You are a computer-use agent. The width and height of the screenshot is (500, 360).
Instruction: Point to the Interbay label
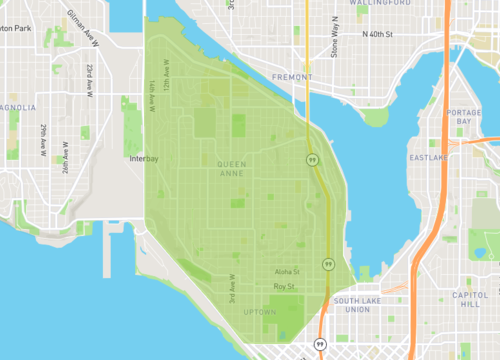(144, 159)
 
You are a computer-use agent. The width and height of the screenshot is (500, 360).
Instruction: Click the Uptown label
(259, 312)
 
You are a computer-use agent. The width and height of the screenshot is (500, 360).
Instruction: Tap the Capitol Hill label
(469, 301)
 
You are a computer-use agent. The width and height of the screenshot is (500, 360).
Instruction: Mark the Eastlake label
(428, 157)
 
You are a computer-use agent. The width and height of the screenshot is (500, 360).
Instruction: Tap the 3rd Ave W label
(232, 289)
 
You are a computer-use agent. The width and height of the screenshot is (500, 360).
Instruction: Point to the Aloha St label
(287, 272)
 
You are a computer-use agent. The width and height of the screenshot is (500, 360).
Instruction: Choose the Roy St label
(285, 287)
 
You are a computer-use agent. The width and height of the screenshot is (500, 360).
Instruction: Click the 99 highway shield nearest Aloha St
(327, 264)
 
